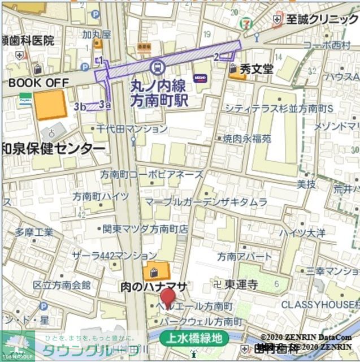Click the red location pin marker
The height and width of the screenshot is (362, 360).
point(168,296)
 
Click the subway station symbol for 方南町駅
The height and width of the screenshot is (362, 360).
point(158,67)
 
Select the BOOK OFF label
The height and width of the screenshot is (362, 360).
point(38,83)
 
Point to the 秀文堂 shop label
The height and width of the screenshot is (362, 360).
point(256,69)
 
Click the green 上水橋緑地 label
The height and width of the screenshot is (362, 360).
point(194,339)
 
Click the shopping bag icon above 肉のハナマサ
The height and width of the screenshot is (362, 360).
point(152,272)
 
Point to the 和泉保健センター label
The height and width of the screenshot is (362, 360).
point(53,149)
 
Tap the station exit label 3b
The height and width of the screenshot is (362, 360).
point(80,106)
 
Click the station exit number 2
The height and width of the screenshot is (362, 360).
point(216,57)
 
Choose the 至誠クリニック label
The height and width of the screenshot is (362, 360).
point(321,19)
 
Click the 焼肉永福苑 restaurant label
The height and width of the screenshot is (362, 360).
point(246,138)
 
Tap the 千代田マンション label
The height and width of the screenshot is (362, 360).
point(132,129)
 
